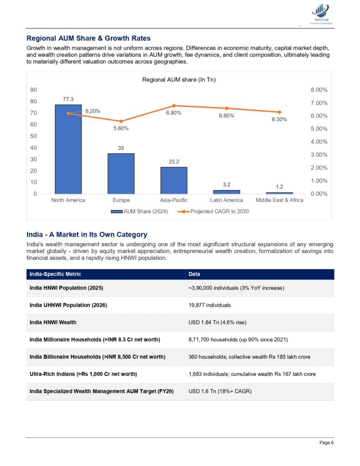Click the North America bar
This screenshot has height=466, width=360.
point(68,149)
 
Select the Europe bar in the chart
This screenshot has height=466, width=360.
point(121,173)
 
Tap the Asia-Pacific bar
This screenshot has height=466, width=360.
point(174,180)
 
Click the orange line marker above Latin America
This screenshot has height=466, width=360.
point(227,108)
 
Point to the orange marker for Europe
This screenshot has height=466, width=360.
point(121,121)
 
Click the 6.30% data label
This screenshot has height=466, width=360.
point(279,120)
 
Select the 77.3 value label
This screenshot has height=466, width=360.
point(68,99)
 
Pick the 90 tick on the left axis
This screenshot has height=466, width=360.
point(33,90)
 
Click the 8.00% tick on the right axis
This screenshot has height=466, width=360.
point(319,90)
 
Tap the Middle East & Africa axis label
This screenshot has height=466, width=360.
point(279,200)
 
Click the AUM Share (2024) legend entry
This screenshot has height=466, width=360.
point(139,211)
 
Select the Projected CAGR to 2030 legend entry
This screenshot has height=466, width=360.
point(213,211)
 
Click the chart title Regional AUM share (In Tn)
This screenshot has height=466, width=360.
point(179,80)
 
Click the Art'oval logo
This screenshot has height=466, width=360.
point(321,14)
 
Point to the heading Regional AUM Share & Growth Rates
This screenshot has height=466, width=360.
point(89,38)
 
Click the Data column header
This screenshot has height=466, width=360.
point(194,274)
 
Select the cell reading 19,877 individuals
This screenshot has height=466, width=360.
point(209,305)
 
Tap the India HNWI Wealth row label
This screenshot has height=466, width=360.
point(53,323)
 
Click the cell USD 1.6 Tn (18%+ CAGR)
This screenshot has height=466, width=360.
point(220,391)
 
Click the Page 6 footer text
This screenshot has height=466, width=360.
point(326,442)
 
